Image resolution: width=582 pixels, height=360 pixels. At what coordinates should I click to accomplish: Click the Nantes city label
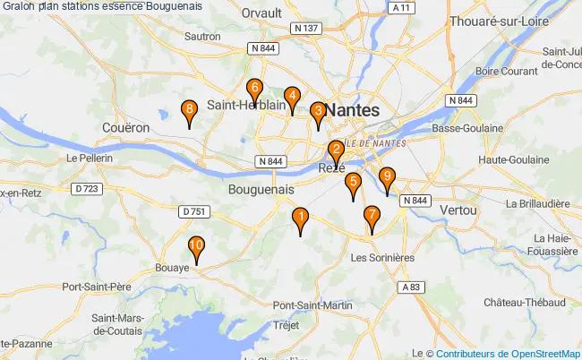352,109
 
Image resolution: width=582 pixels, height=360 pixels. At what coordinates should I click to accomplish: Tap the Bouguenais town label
261,190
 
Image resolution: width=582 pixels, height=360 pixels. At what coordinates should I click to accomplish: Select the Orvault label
261,13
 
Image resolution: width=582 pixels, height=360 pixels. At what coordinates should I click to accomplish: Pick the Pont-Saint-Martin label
312,305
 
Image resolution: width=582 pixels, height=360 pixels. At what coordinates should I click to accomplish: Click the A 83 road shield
411,287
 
